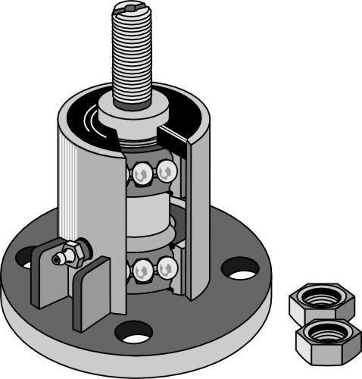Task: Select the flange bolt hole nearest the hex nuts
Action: (x=239, y=268)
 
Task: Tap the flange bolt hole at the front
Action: (x=133, y=330)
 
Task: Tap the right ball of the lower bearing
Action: (x=167, y=267)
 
